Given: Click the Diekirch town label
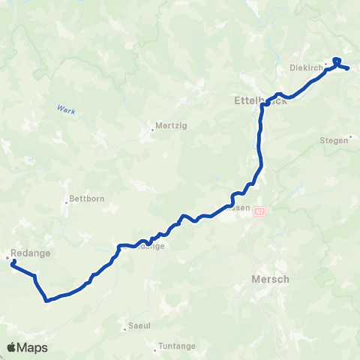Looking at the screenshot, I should pos(305,67).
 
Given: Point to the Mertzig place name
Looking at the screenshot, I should pos(168,126).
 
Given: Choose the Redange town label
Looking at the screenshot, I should pos(31,253).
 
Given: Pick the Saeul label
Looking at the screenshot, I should pos(140,327).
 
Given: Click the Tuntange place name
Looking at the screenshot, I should pos(177,346).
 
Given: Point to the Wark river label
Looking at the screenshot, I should pos(65,109).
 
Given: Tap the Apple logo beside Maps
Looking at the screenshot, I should pos(12,347).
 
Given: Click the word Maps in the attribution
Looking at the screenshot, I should pos(34,347).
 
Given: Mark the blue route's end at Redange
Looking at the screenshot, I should pos(13,261).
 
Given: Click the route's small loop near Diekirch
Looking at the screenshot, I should pos(336,61).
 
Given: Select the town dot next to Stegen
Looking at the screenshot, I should pos(351,137).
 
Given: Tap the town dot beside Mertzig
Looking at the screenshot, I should pos(152,128).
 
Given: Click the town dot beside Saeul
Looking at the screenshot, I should pos(125,328).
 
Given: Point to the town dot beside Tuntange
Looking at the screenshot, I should pos(157,346).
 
